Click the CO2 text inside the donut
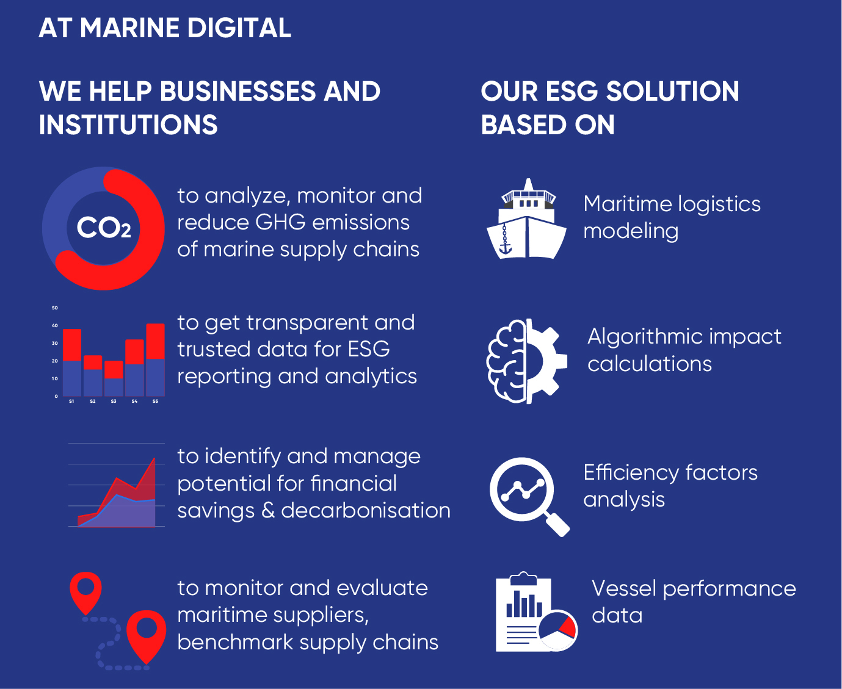103,228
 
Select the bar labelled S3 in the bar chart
114,378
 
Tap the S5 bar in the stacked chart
156,360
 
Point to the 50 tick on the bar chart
55,308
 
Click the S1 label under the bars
71,402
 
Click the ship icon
527,221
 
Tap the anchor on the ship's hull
505,247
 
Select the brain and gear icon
526,361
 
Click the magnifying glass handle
557,524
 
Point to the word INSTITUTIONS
128,125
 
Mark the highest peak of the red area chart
154,458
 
